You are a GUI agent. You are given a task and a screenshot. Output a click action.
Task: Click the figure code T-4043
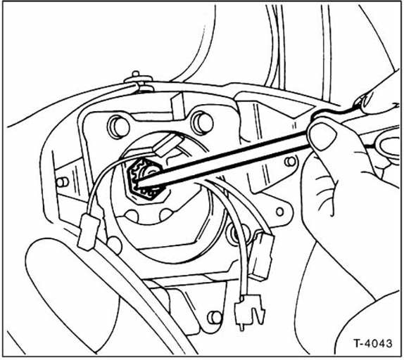373,344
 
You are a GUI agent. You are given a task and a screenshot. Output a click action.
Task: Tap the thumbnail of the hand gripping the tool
323,136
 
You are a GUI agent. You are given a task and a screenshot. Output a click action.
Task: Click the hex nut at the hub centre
145,181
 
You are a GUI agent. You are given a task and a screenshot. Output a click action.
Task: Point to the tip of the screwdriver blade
136,184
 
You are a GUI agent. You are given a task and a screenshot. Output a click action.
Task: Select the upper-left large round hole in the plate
118,127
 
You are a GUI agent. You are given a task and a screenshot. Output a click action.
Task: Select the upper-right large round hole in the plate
202,122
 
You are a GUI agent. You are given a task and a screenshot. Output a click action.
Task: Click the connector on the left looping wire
88,232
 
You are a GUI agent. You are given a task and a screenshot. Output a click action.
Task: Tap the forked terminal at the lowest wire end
248,311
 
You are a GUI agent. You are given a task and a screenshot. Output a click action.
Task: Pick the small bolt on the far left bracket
62,182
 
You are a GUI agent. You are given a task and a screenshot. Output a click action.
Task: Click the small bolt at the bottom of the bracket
215,318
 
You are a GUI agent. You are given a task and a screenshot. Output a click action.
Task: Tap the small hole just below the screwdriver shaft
290,162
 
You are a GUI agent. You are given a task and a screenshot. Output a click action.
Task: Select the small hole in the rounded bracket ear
280,212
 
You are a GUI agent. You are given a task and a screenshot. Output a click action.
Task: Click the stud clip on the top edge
139,82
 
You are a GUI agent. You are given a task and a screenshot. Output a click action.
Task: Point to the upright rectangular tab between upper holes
178,105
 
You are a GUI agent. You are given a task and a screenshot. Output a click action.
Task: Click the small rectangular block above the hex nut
166,145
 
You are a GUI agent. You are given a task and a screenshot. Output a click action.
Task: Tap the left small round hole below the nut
132,217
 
